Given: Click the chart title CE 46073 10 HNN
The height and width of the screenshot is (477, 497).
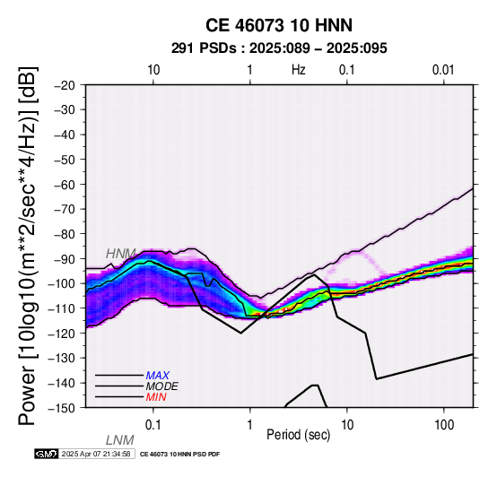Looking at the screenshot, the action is click(x=279, y=25).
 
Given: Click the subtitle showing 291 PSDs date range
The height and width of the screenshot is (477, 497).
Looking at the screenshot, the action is click(x=279, y=48).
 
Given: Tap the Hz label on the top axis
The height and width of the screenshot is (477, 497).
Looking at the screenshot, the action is click(x=299, y=70).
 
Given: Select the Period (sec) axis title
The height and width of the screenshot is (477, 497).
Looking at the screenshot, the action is click(x=299, y=435).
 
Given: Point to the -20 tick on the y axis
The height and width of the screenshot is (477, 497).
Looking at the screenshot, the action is click(x=65, y=85).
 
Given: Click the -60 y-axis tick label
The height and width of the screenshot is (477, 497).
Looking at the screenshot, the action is click(x=65, y=185).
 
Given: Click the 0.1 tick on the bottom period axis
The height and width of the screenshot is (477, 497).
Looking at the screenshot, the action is click(x=153, y=425).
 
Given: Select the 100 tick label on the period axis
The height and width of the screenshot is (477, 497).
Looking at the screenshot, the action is click(x=444, y=425).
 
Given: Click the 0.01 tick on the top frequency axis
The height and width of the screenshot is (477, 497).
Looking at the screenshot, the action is click(x=443, y=70).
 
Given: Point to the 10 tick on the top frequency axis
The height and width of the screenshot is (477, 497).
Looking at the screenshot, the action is click(x=153, y=70).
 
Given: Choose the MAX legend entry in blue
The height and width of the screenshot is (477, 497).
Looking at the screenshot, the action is click(x=158, y=376).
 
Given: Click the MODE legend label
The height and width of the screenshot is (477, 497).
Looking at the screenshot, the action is click(x=162, y=386).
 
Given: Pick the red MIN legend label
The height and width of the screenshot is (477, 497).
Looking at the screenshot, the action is click(x=156, y=397).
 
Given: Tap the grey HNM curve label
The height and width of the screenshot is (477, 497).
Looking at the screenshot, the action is click(x=121, y=254).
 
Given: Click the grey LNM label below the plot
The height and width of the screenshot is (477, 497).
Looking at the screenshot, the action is click(x=120, y=440).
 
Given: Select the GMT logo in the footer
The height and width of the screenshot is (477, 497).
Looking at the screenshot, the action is click(x=47, y=454).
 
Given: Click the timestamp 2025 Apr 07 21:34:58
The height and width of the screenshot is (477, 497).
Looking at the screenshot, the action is click(x=96, y=454).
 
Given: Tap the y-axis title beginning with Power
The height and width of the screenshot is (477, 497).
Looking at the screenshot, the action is click(x=27, y=247).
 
